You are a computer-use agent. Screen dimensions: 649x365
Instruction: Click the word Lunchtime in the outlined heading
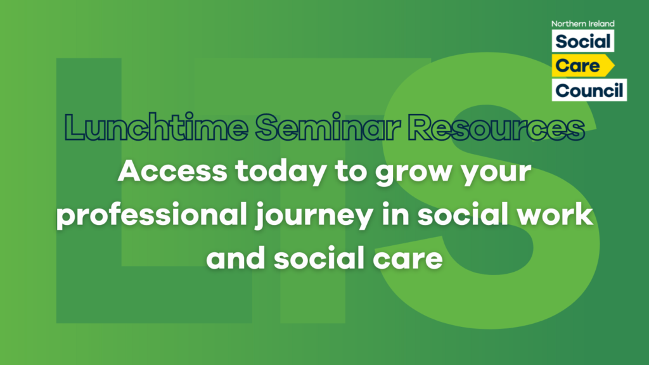click(156, 127)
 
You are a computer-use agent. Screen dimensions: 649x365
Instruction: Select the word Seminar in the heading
click(328, 127)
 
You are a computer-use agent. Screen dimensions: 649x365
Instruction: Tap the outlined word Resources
click(496, 127)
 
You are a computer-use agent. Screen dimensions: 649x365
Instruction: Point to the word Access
click(172, 171)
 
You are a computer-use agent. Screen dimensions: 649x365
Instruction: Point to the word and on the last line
click(236, 257)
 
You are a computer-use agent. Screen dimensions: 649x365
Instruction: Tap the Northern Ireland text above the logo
click(583, 23)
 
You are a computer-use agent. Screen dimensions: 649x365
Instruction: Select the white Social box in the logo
click(583, 41)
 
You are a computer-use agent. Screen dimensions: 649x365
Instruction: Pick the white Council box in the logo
click(589, 90)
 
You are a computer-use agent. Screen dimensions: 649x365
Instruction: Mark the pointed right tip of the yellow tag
click(614, 65)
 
